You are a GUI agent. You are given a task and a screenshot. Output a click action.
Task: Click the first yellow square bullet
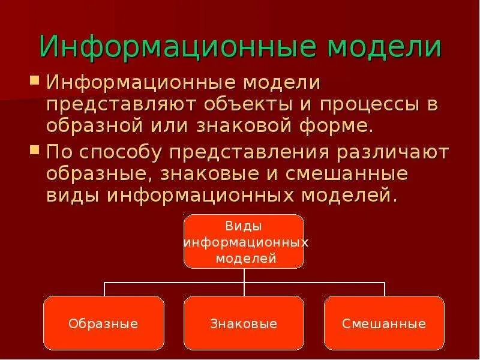pos(35,79)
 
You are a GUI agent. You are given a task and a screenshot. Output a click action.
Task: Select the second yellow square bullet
pos(35,150)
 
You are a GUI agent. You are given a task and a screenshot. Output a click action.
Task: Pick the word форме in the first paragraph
pos(338,127)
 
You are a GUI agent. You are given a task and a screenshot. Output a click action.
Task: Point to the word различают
pos(393,152)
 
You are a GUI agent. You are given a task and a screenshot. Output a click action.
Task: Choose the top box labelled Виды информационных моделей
pos(244,241)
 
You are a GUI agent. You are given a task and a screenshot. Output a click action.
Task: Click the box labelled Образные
pos(104,323)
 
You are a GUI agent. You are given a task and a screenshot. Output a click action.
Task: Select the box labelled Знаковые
pos(244,323)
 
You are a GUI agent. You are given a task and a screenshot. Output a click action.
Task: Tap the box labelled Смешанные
pos(384,323)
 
